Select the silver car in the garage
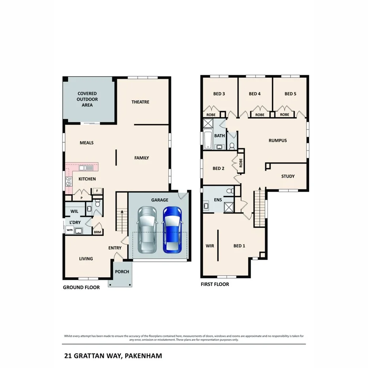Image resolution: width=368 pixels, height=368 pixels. [147, 231]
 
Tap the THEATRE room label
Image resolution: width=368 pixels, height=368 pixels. [140, 102]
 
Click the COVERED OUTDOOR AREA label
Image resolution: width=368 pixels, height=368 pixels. [87, 99]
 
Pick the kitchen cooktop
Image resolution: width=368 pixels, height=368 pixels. [69, 182]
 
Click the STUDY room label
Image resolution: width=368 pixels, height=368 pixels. [287, 176]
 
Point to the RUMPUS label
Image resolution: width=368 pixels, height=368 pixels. [277, 140]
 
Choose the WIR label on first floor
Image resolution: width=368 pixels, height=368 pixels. [209, 246]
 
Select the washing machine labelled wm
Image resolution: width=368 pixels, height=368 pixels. [69, 230]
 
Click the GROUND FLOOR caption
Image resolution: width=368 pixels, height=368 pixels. [81, 287]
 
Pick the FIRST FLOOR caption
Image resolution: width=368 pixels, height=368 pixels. [215, 284]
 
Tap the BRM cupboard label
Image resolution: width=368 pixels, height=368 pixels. [97, 232]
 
